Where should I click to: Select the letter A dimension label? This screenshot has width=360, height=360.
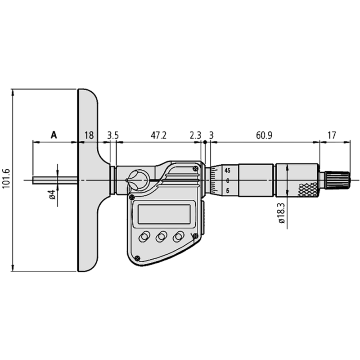coord(54,135)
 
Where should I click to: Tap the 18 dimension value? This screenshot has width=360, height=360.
coord(89,135)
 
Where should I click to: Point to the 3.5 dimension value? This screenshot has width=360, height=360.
coord(113,135)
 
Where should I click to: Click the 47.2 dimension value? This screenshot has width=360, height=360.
coord(158,135)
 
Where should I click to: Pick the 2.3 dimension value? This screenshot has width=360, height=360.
coord(195,135)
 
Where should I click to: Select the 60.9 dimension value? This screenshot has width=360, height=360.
coord(264,135)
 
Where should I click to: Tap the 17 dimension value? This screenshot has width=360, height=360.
coord(332,135)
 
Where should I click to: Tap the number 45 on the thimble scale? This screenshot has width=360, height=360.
coord(228,171)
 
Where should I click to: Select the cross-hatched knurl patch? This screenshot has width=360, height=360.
coord(307,189)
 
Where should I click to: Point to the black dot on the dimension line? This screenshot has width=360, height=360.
coord(205,143)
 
